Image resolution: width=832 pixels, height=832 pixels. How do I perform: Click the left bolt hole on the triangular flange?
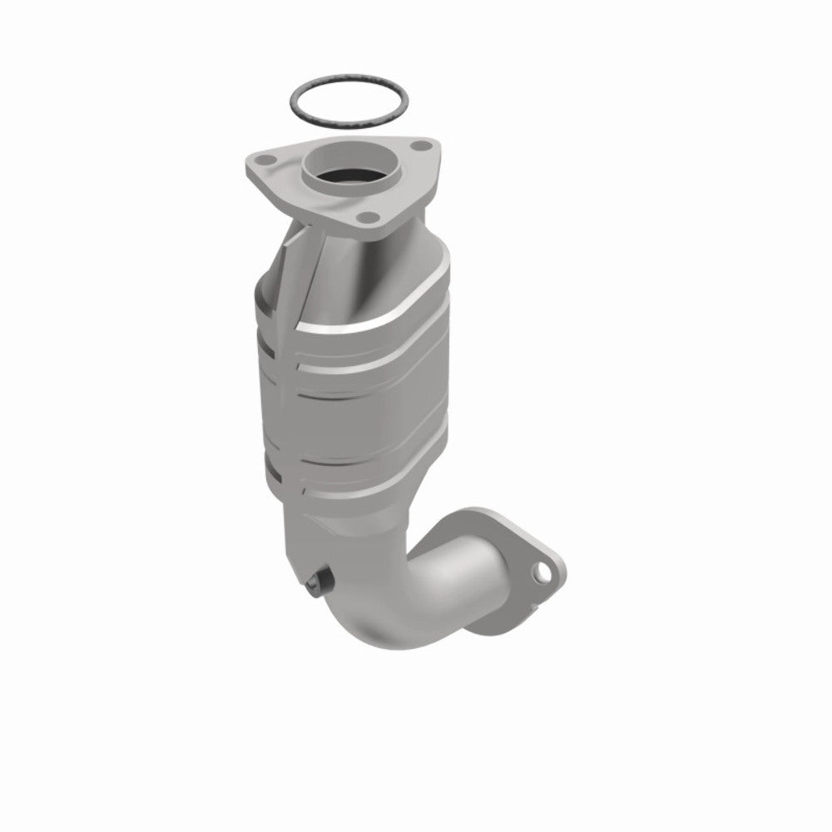click(x=266, y=157)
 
